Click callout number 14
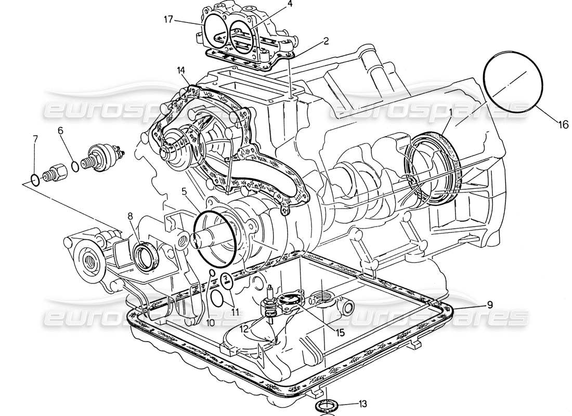click(181, 69)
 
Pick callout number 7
click(35, 139)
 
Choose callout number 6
click(60, 131)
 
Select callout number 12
click(244, 328)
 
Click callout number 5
click(184, 191)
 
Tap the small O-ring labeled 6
click(75, 166)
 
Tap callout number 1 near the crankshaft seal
click(451, 111)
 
